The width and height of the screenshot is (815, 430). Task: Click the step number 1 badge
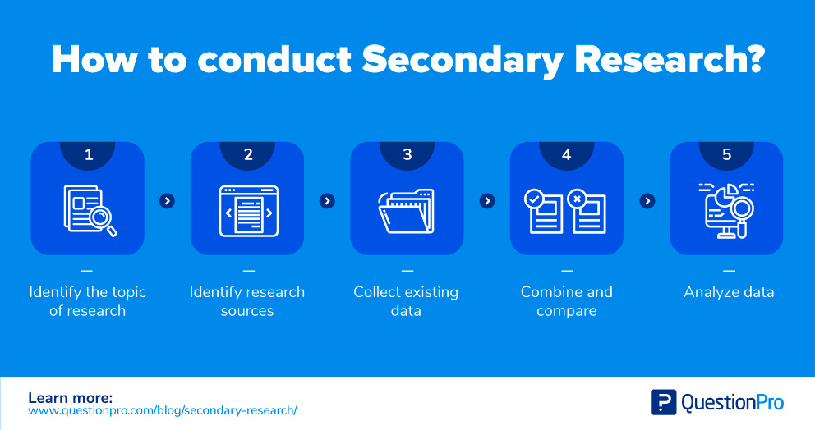coord(88,155)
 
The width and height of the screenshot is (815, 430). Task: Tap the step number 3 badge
coord(407,155)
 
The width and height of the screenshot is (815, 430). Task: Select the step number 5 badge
coord(726,155)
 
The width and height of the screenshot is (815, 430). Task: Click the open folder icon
coord(407,212)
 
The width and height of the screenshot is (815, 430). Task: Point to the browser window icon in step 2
coord(248,212)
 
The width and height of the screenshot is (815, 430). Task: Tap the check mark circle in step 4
coord(534,199)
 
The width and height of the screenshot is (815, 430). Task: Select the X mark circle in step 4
coord(577,199)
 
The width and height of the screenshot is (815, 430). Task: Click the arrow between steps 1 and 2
coord(168,201)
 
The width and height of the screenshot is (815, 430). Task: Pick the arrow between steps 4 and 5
coord(647,201)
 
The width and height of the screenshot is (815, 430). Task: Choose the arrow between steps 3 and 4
coord(487,201)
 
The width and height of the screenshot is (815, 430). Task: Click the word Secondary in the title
coord(463,60)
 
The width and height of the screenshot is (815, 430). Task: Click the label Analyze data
coord(729,292)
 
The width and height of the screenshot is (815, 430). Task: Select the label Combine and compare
coord(567,301)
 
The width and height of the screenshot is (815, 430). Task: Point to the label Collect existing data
coord(406,301)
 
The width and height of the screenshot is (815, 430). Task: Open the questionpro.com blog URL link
coord(163,410)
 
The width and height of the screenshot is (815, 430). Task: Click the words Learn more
coord(70,398)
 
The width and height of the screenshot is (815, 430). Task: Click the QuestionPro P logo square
coord(663,402)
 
